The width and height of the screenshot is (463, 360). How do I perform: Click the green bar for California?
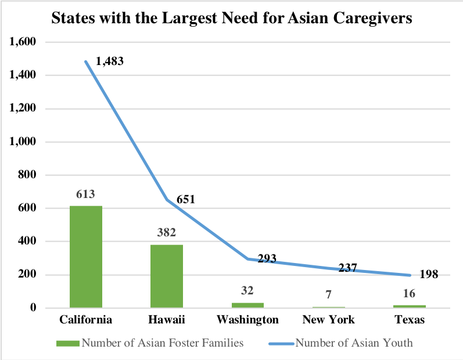click(x=86, y=257)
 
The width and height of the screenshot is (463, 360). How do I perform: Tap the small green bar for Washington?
click(x=247, y=305)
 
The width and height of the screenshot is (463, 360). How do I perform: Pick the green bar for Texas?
click(x=409, y=306)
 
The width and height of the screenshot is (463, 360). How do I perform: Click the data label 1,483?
click(x=110, y=60)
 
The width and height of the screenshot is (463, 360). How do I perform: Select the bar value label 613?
click(x=85, y=194)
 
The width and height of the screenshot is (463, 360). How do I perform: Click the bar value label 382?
click(x=167, y=232)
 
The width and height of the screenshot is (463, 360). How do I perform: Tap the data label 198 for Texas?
click(x=429, y=274)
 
